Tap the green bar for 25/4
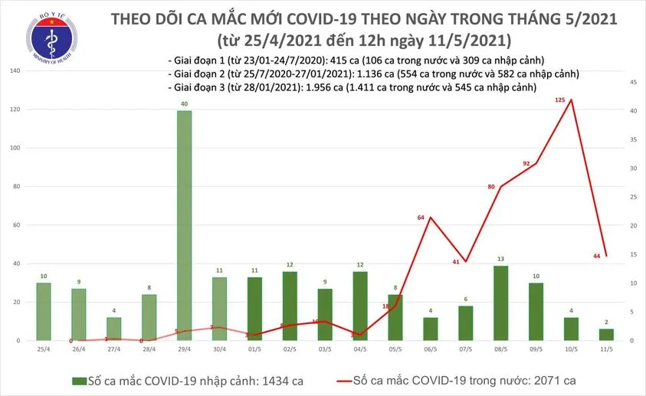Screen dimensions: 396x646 pyautogui.click(x=43, y=311)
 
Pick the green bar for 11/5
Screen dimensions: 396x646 pyautogui.click(x=605, y=334)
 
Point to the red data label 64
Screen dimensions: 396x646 pyautogui.click(x=420, y=218)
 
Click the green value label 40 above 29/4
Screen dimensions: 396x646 pyautogui.click(x=184, y=103)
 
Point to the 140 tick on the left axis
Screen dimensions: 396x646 pyautogui.click(x=15, y=71)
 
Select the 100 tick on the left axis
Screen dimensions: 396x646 pyautogui.click(x=15, y=148)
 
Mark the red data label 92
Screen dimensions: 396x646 pyautogui.click(x=526, y=163)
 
